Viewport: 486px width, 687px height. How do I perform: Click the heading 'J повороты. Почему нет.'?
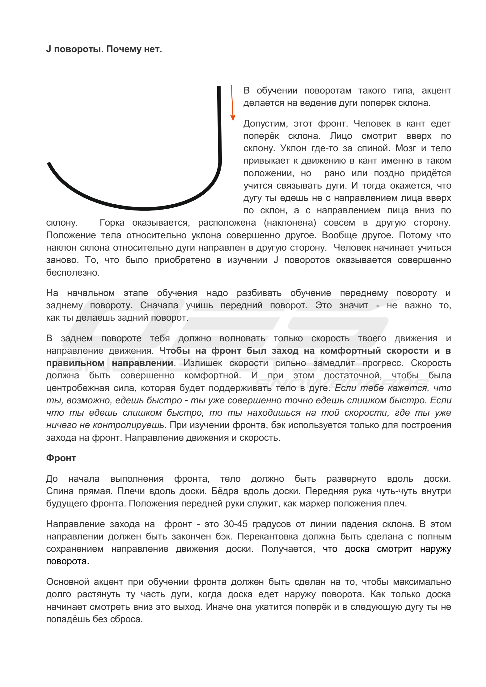pos(104,49)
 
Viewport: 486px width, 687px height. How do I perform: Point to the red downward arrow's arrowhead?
pos(233,118)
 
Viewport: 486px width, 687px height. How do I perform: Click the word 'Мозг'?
pos(406,148)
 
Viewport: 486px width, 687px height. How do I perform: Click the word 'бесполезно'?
pos(72,273)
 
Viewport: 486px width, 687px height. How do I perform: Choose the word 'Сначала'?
pos(159,305)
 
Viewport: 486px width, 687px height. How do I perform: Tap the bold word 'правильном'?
pos(75,363)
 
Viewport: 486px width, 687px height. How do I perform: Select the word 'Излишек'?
pos(203,363)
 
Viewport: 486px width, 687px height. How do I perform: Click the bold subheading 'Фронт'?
pos(61,458)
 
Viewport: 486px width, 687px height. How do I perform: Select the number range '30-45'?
pos(235,524)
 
